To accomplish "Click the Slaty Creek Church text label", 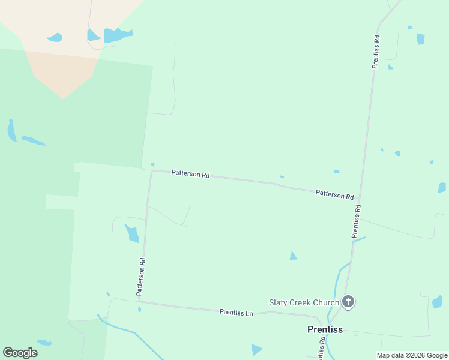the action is pyautogui.click(x=303, y=302).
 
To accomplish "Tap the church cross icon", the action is pyautogui.click(x=348, y=302).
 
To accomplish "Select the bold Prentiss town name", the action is pyautogui.click(x=325, y=329).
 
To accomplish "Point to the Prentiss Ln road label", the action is pyautogui.click(x=237, y=312).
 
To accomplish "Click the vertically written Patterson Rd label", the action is pyautogui.click(x=140, y=277).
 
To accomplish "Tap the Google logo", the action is pyautogui.click(x=20, y=353).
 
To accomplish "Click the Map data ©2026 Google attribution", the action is pyautogui.click(x=412, y=355).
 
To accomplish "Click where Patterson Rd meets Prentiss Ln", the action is pyautogui.click(x=142, y=302).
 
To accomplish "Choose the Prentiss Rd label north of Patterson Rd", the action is pyautogui.click(x=376, y=52).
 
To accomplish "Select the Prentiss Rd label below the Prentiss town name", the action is pyautogui.click(x=321, y=347).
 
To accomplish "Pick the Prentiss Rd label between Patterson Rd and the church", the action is pyautogui.click(x=356, y=221).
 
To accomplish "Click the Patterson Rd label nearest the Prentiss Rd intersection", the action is pyautogui.click(x=334, y=194).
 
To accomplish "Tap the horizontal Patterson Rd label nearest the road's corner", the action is pyautogui.click(x=190, y=175).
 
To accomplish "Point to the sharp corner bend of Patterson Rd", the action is pyautogui.click(x=151, y=170).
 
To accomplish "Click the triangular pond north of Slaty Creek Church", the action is pyautogui.click(x=293, y=256).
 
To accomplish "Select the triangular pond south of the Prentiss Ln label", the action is pyautogui.click(x=256, y=349).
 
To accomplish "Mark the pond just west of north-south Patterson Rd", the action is pyautogui.click(x=131, y=233).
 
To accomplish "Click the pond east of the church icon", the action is pyautogui.click(x=437, y=302).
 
